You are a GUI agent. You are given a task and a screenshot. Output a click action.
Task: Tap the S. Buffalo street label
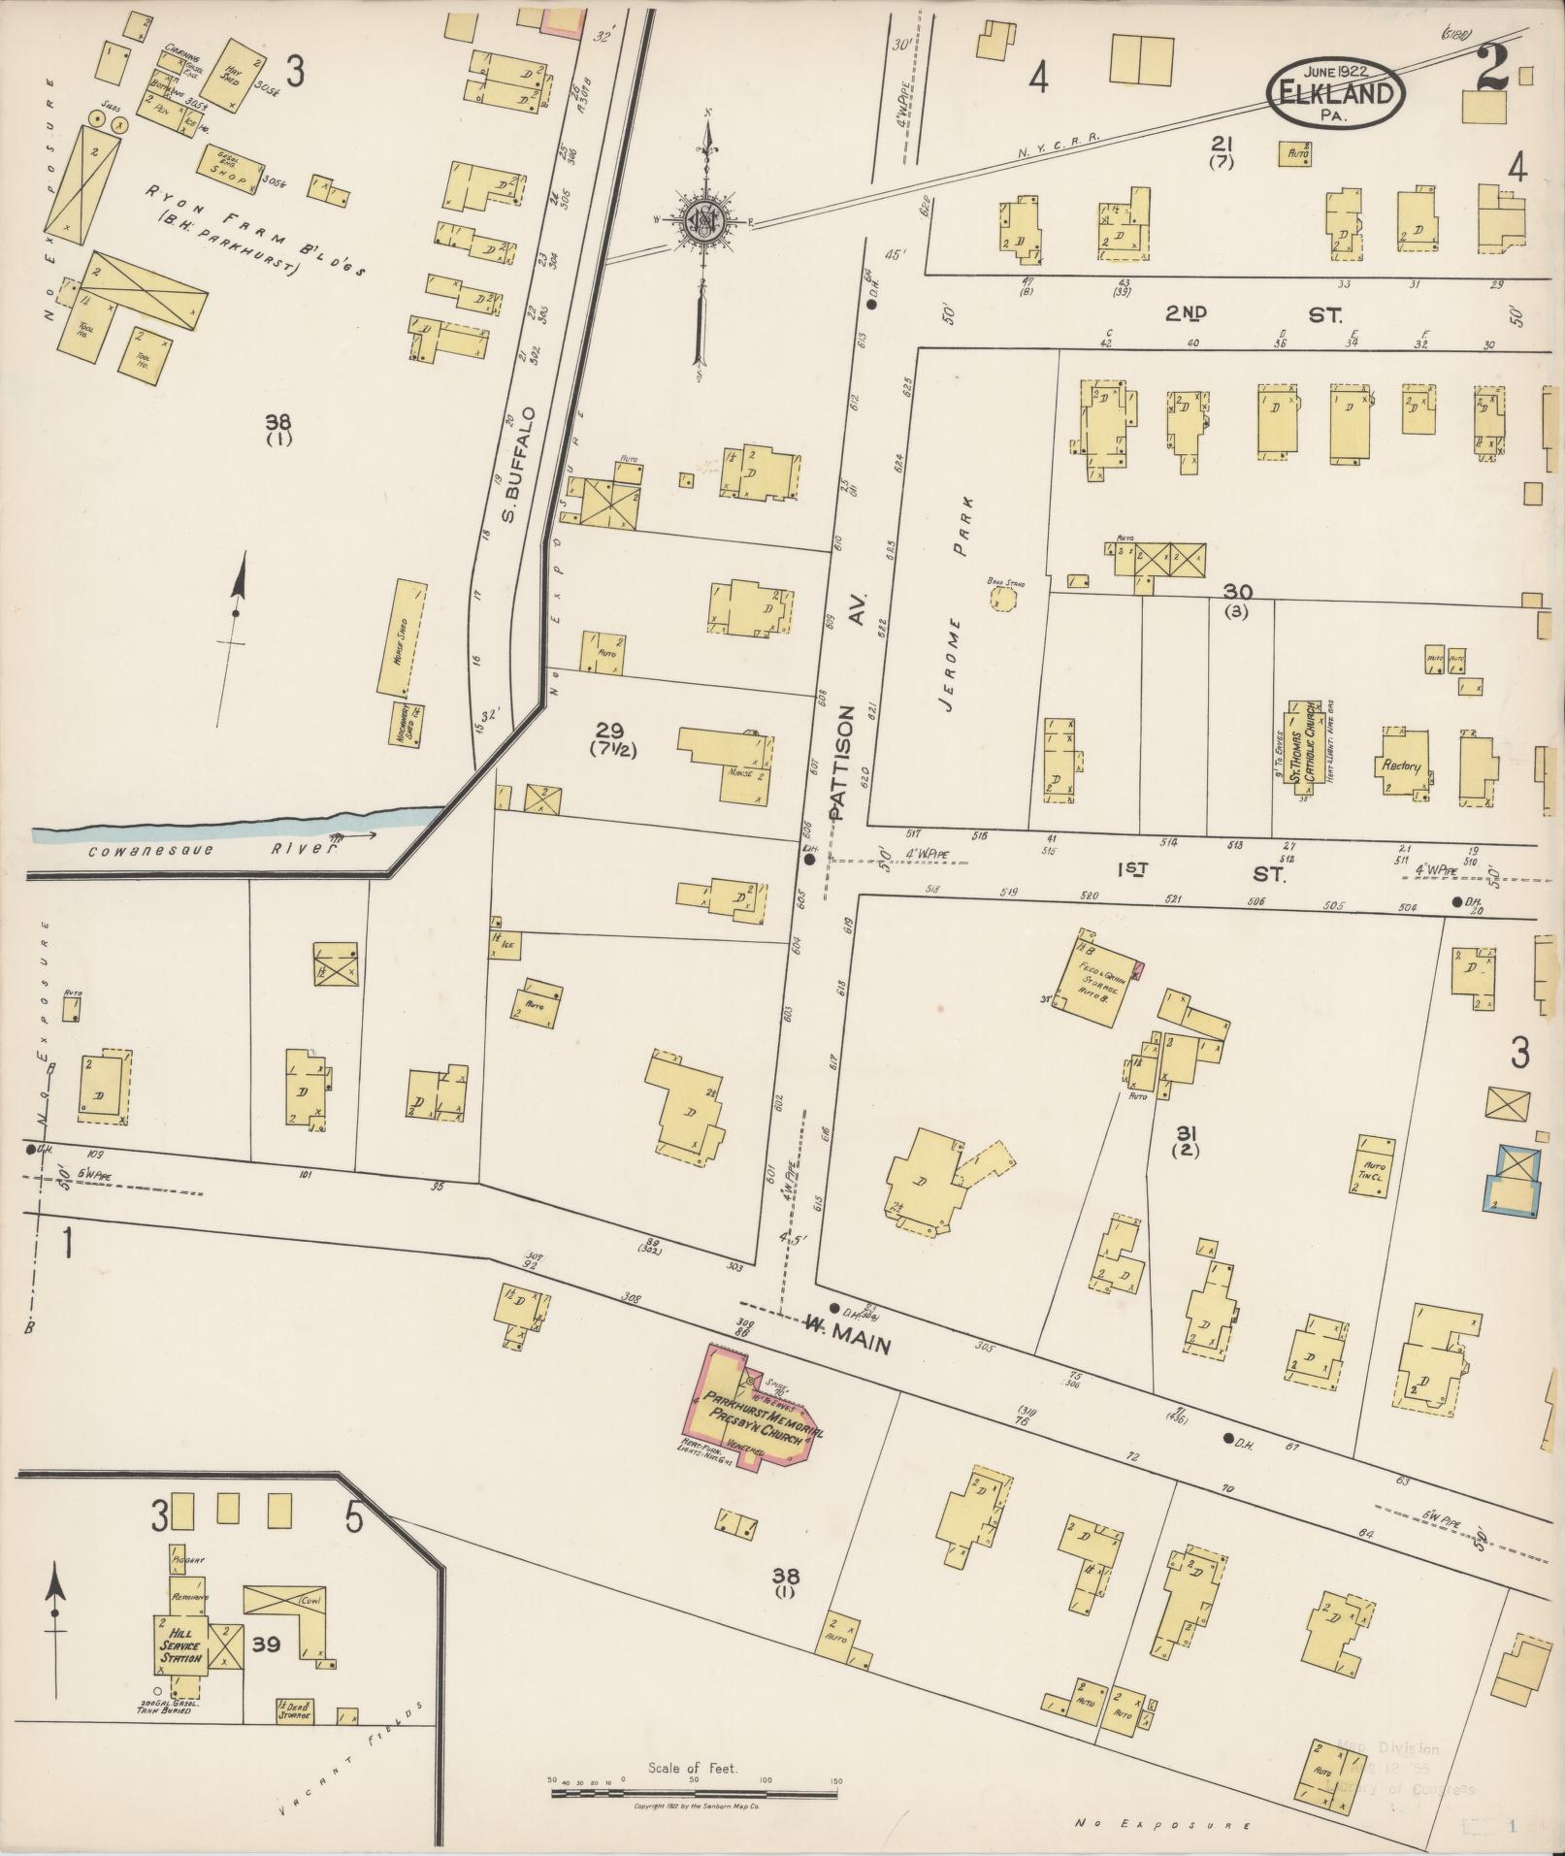514,464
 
